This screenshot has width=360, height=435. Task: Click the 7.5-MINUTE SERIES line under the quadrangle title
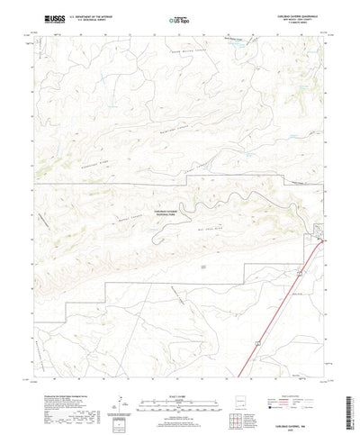[293, 25]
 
